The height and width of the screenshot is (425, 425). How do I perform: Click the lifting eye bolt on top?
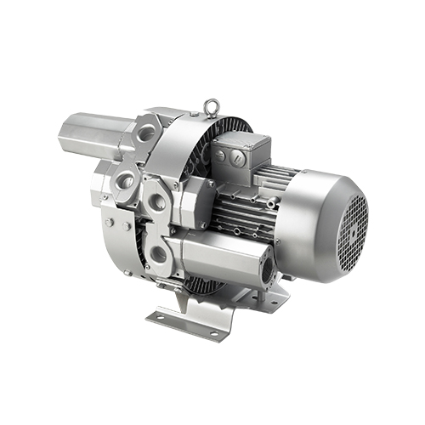tap(207, 109)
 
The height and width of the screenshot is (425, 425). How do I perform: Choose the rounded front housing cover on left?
tap(115, 221)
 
